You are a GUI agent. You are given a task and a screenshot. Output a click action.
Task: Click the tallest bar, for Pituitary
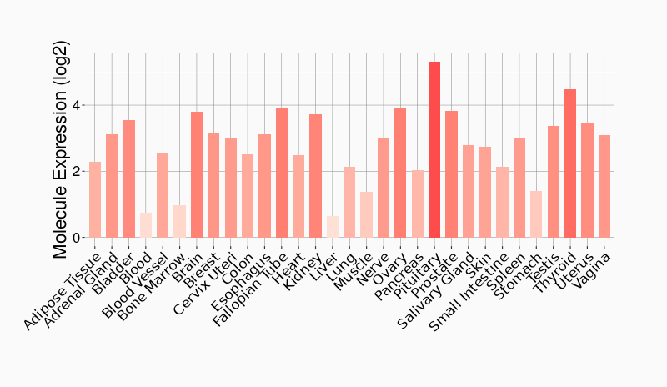(434, 150)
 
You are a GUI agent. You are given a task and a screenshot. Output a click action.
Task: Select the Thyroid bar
(570, 163)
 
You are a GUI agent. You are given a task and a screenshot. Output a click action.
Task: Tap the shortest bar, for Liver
(333, 227)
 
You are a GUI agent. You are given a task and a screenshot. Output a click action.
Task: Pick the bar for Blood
(146, 225)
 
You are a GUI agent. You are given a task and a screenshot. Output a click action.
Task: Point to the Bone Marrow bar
(179, 221)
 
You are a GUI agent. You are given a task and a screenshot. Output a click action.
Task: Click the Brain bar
(197, 175)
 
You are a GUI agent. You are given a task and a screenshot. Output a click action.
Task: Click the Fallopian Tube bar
(282, 173)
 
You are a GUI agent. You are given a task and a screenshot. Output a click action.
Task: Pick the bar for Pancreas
(417, 204)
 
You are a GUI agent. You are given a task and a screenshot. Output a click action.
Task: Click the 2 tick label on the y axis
(78, 172)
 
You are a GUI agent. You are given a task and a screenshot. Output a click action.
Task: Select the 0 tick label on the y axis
(78, 238)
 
